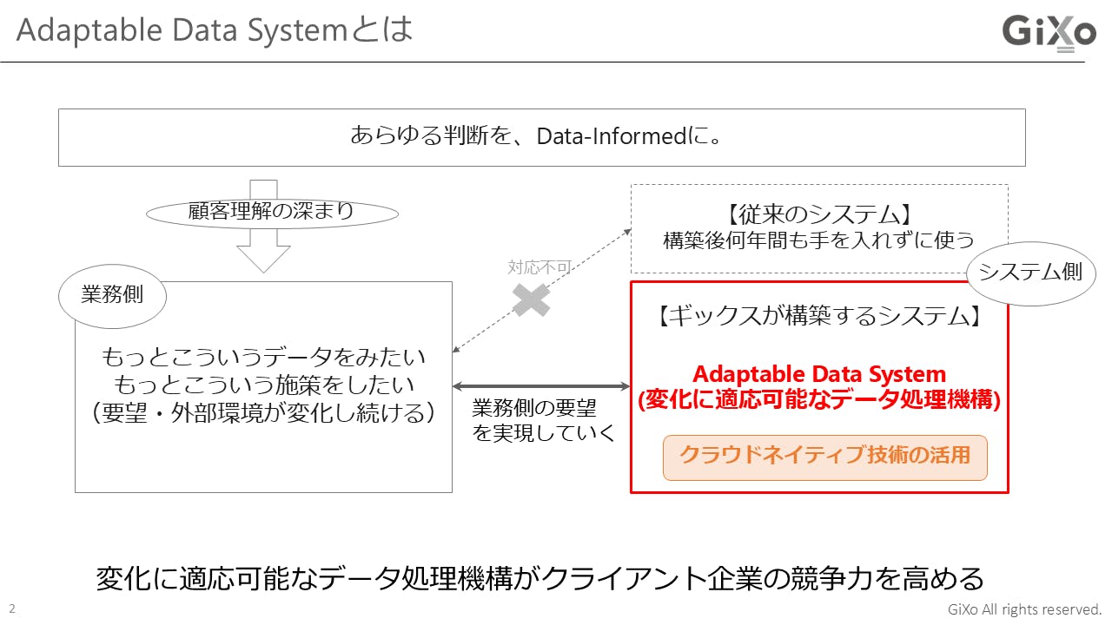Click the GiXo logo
(1049, 33)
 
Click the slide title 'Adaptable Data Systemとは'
(214, 30)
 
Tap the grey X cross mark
(531, 300)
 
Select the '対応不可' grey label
(539, 267)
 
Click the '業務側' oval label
(112, 296)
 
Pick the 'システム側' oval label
(1031, 273)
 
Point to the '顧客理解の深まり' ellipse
(272, 214)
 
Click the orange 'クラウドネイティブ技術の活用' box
(825, 457)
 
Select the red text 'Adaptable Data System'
(819, 374)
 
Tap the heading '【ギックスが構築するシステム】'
(819, 316)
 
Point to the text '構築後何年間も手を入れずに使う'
(819, 240)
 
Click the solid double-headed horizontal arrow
(541, 386)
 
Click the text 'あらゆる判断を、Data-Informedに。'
(536, 136)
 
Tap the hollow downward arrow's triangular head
(263, 259)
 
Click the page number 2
(12, 609)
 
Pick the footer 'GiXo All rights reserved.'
(1024, 609)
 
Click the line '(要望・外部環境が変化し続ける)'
(263, 412)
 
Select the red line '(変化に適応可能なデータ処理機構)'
(819, 400)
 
